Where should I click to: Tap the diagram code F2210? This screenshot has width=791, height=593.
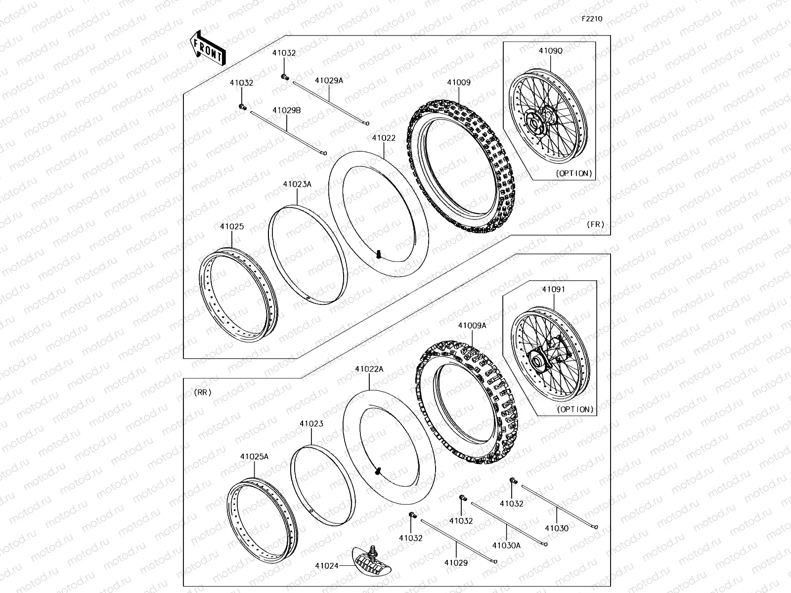tap(592, 19)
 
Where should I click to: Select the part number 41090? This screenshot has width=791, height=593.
tap(550, 50)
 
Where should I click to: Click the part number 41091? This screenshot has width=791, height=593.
tap(553, 290)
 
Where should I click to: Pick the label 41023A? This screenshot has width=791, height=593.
tap(297, 184)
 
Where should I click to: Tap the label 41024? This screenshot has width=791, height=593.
tap(326, 565)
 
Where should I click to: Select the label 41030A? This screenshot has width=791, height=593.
tap(506, 545)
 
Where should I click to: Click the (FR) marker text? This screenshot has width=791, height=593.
tap(596, 224)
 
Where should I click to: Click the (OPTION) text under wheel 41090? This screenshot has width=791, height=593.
tap(574, 173)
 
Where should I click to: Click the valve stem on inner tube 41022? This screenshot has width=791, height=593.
tap(379, 254)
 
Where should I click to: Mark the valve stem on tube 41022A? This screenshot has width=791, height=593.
tap(378, 470)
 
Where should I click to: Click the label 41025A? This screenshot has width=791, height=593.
tap(255, 457)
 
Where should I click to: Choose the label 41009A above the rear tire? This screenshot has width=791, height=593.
tap(472, 326)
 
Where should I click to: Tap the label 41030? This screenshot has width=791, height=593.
tap(557, 528)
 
